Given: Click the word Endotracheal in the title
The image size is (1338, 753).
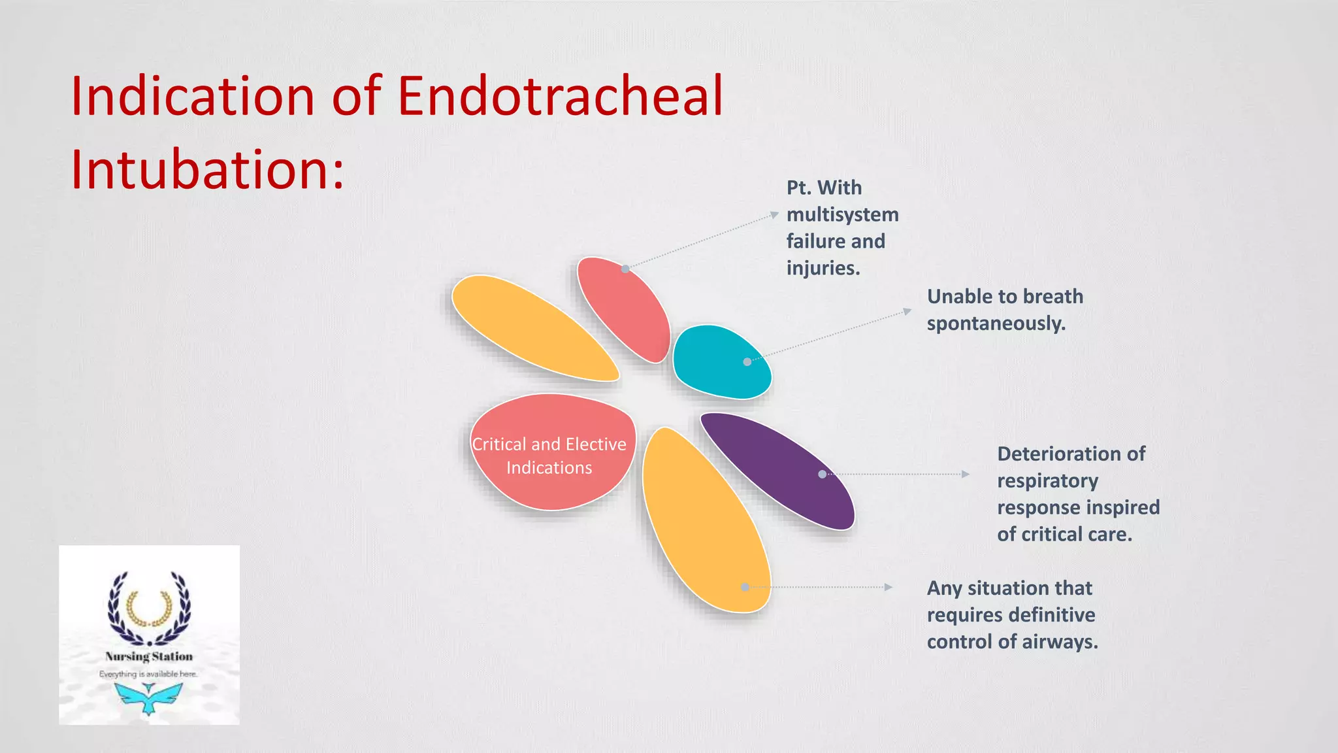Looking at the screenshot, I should pos(561,96).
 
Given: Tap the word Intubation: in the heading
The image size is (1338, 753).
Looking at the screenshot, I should pos(206,170).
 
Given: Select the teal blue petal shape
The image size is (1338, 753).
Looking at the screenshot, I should pos(719,363).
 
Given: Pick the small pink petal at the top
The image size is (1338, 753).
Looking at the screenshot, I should pos(624,307).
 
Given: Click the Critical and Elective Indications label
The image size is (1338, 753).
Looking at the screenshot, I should pos(549,456).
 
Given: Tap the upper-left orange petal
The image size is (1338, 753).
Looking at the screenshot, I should pos(532,327).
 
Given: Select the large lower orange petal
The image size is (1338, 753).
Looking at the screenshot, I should pos(706,523).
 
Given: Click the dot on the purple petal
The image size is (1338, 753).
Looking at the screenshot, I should pos(822,474).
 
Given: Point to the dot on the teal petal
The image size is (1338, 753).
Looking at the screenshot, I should pos(747,361).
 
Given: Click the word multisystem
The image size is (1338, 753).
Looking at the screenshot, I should pos(842,214).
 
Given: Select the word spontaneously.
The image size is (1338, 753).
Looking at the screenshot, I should pos(996,324).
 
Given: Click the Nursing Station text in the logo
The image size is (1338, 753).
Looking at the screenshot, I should pos(149,656).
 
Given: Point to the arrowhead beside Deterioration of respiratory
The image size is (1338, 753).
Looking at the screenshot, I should pos(966,474).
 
